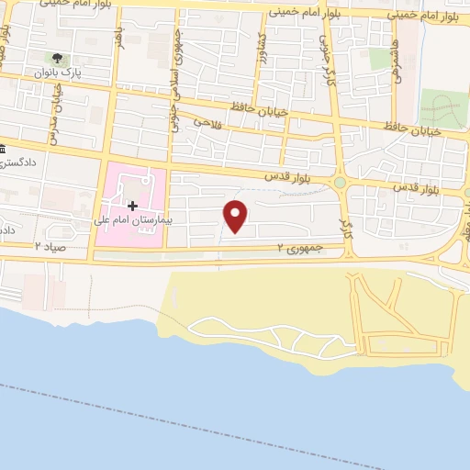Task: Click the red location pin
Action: tap(236, 216)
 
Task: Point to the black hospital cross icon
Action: tap(132, 205)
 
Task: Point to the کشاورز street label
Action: tap(287, 48)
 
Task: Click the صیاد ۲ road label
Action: tap(50, 247)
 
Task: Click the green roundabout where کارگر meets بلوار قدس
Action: tap(341, 183)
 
